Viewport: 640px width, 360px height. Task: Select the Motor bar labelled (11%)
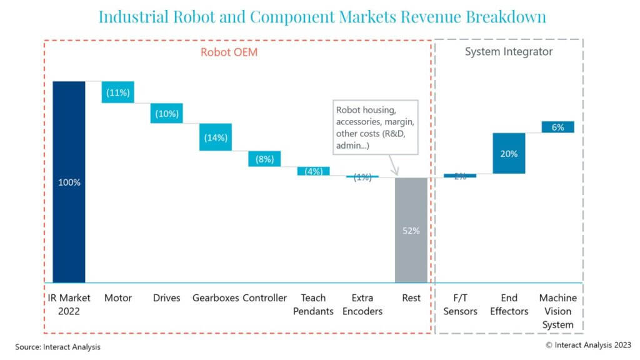[x=118, y=92]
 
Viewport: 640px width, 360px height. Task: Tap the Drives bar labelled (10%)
[x=167, y=114]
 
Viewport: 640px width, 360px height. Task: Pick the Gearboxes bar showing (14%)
[x=216, y=137]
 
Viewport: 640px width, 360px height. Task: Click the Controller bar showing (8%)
[x=264, y=159]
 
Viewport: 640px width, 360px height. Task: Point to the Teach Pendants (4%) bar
[x=313, y=171]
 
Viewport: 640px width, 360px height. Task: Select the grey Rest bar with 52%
[x=411, y=230]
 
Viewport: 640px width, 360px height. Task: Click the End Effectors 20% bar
[x=509, y=154]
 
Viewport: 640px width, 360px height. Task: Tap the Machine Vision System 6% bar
[x=557, y=127]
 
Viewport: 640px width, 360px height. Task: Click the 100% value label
[x=69, y=182]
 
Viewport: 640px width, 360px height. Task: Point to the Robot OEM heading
[x=229, y=52]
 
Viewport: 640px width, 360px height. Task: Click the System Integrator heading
[x=508, y=52]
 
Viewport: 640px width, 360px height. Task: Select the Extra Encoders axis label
[x=362, y=304]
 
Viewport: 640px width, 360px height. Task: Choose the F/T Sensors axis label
[x=460, y=304]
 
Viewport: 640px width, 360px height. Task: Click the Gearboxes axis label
[x=216, y=298]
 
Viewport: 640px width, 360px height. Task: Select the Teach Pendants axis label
[x=313, y=304]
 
